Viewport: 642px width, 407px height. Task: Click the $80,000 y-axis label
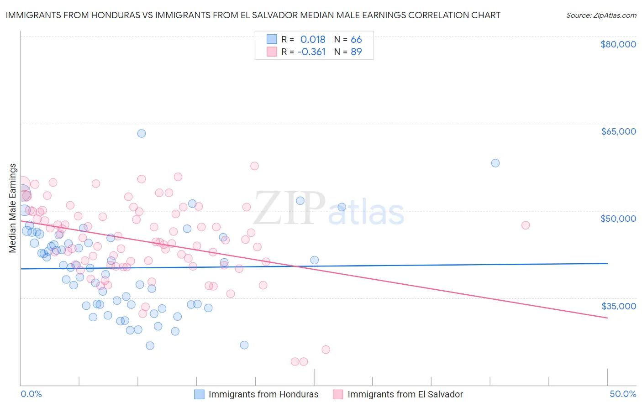(618, 44)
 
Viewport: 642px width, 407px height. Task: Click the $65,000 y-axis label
(618, 131)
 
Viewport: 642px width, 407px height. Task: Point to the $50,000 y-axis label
(618, 219)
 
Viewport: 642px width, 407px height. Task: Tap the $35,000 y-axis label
(618, 306)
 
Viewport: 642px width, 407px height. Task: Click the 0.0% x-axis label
(31, 394)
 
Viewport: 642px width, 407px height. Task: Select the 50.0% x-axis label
(622, 394)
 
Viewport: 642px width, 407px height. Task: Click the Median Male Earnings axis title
(13, 208)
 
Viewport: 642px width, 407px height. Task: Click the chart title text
(253, 15)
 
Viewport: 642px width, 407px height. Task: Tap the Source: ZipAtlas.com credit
(601, 15)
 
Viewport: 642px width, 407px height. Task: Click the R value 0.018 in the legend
(312, 39)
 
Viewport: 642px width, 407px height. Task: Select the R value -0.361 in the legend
(311, 52)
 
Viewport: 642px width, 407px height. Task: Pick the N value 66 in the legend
(356, 39)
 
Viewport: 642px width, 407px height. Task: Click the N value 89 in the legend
(356, 52)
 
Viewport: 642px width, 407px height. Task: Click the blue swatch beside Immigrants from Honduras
(199, 394)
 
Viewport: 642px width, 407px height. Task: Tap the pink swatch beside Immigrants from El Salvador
(338, 394)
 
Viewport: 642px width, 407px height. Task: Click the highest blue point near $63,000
(142, 133)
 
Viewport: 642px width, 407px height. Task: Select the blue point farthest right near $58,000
(495, 163)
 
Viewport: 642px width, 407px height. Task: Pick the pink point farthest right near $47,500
(526, 225)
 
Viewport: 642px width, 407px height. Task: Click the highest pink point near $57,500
(254, 166)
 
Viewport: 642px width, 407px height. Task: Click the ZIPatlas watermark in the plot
(329, 209)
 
